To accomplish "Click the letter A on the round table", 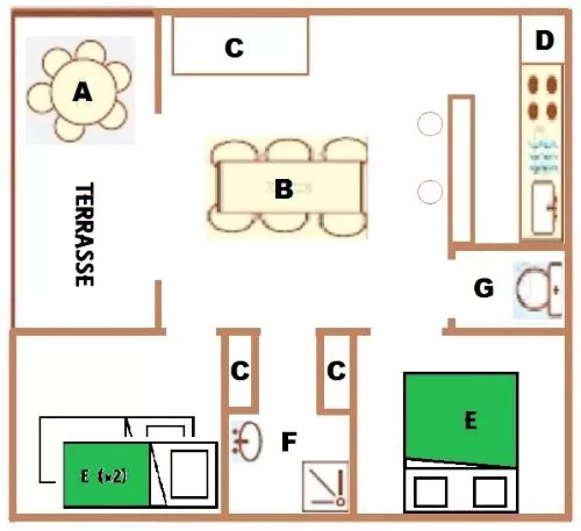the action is [x=83, y=92].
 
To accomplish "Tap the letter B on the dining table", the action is [x=284, y=188].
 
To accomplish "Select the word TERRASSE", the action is [x=84, y=234].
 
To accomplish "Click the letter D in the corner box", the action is [x=544, y=41].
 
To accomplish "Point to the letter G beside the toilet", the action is [x=484, y=288].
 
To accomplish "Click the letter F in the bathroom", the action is [x=289, y=442].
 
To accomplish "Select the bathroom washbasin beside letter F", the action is [x=248, y=440].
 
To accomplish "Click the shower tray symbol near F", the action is [x=325, y=486].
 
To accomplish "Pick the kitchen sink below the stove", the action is [x=544, y=208].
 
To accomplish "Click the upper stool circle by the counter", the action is [x=430, y=124].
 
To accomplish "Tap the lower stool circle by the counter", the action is [x=430, y=192].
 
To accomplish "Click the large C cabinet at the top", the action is [x=241, y=46].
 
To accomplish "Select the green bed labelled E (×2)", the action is [x=107, y=475].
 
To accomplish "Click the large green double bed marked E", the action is [x=461, y=420].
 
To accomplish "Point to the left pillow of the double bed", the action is [x=430, y=491].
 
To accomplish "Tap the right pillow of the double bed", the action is [x=490, y=491].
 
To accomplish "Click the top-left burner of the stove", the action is [x=533, y=85].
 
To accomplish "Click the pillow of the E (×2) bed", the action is [x=189, y=474].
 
